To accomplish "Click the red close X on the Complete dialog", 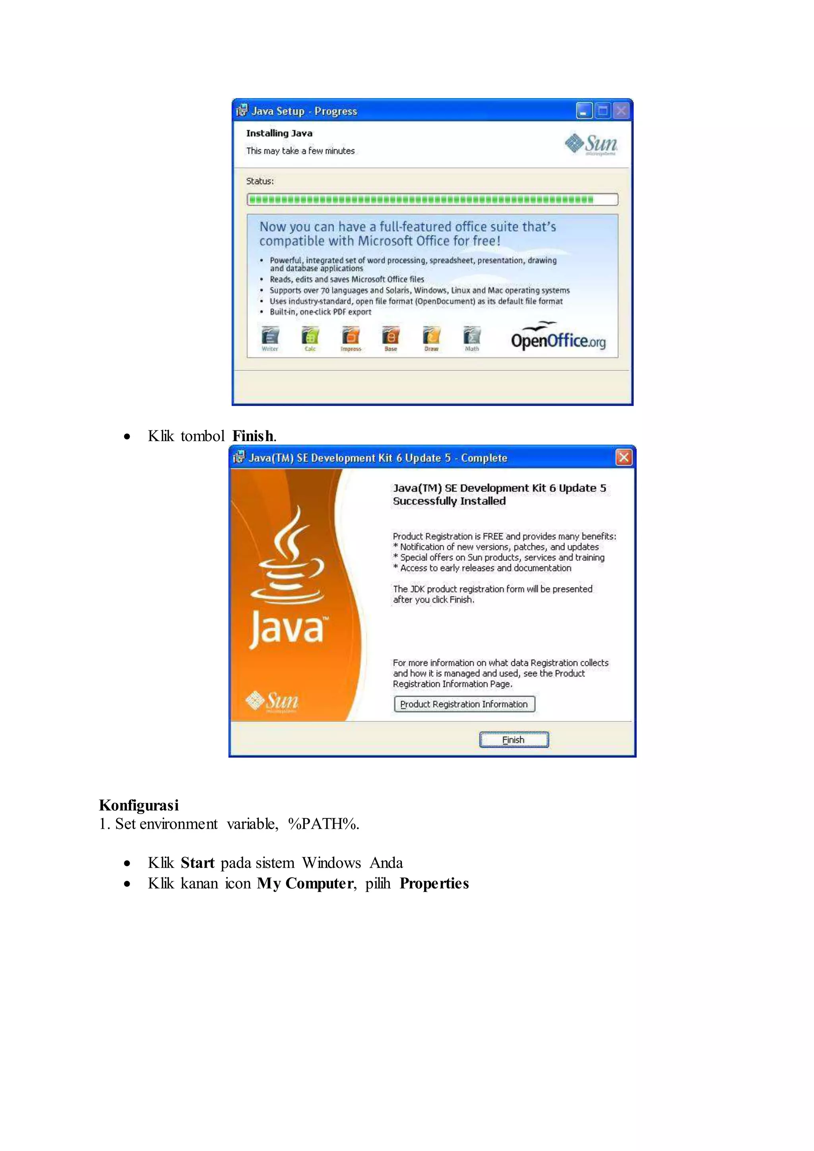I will [x=624, y=457].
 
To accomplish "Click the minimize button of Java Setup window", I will [x=584, y=111].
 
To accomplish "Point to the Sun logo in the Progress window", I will [x=591, y=144].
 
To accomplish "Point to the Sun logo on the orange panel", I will [x=272, y=700].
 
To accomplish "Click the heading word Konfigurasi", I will [x=139, y=805].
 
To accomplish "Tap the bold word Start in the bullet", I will [x=198, y=863].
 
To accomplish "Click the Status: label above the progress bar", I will [x=260, y=181].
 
